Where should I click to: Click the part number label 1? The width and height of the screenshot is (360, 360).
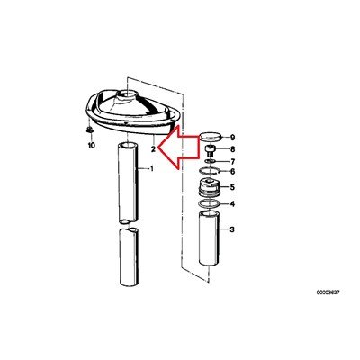pyautogui.click(x=152, y=169)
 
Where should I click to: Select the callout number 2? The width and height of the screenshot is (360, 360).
pyautogui.click(x=153, y=149)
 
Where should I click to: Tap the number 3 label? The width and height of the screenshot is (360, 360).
pyautogui.click(x=232, y=229)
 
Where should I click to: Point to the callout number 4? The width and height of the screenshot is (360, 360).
pyautogui.click(x=232, y=204)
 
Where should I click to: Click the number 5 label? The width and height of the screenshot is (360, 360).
pyautogui.click(x=232, y=187)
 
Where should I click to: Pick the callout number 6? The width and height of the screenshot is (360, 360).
pyautogui.click(x=232, y=172)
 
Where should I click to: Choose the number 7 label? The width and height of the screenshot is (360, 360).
pyautogui.click(x=232, y=162)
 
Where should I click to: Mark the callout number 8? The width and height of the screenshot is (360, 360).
pyautogui.click(x=232, y=149)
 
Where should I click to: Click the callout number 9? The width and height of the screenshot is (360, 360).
pyautogui.click(x=232, y=138)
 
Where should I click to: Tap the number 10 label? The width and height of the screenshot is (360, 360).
pyautogui.click(x=91, y=146)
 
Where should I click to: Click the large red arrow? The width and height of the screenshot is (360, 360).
pyautogui.click(x=179, y=148)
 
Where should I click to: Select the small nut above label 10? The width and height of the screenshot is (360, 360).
pyautogui.click(x=89, y=130)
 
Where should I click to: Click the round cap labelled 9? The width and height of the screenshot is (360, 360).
pyautogui.click(x=211, y=137)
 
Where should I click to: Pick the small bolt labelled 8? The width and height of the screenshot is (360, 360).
pyautogui.click(x=210, y=150)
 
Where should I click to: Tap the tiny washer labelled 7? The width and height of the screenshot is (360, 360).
pyautogui.click(x=211, y=161)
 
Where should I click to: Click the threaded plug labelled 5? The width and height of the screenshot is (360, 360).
pyautogui.click(x=210, y=187)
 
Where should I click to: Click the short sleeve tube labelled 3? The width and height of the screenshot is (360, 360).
pyautogui.click(x=210, y=238)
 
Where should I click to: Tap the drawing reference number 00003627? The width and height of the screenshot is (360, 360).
pyautogui.click(x=328, y=292)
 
